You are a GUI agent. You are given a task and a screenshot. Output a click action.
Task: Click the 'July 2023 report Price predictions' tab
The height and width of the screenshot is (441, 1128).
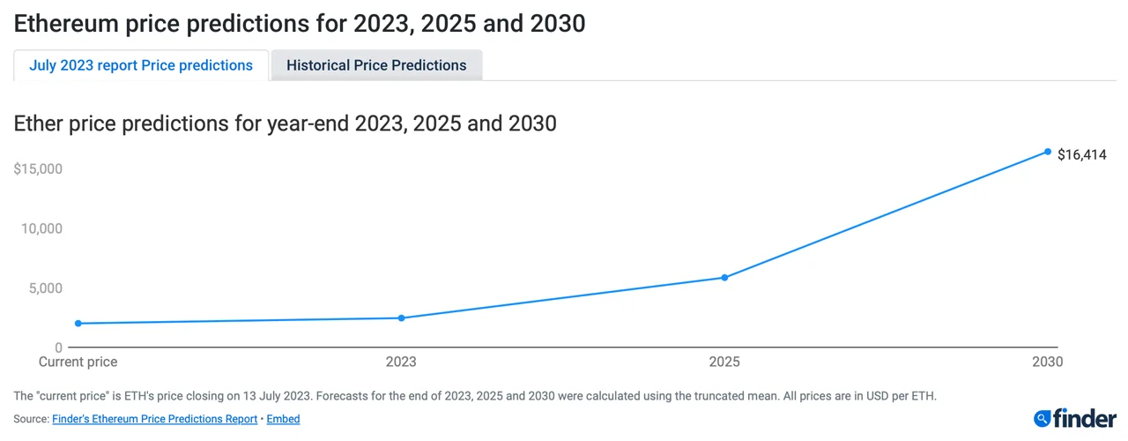(x=141, y=65)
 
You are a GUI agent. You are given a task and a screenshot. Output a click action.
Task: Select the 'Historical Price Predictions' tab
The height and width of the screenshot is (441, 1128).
(x=376, y=65)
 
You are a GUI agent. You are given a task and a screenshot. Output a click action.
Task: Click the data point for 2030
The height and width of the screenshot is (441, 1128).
(x=1048, y=152)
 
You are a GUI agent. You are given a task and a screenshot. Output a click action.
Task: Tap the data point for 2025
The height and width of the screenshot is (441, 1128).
(x=724, y=278)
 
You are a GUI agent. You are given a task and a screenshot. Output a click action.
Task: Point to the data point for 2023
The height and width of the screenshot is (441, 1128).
(x=401, y=318)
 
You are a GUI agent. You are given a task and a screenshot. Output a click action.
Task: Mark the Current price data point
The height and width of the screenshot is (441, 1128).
(x=78, y=324)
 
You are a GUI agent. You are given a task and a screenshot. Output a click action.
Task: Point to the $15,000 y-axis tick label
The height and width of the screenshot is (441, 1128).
(x=38, y=168)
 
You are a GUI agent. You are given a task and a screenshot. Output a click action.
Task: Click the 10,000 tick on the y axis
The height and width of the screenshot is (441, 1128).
(x=41, y=228)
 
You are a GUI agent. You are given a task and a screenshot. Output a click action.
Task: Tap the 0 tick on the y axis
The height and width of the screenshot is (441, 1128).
(x=58, y=348)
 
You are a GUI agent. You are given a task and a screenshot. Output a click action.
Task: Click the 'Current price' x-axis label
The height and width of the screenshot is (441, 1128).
(x=78, y=362)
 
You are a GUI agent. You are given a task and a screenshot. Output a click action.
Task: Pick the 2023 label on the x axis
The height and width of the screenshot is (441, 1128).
(x=401, y=362)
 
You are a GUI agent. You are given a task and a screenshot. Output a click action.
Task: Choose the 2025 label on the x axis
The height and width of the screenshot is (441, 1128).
(x=724, y=362)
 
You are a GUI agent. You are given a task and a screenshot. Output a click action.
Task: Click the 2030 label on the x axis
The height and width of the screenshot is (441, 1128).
(x=1048, y=362)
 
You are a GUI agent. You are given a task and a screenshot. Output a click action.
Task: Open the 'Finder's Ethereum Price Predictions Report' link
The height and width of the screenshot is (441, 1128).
(x=155, y=419)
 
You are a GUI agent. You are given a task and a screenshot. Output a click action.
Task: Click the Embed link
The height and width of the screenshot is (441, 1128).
(x=283, y=419)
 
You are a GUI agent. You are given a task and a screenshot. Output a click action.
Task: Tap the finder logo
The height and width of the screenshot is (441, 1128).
(x=1075, y=418)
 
